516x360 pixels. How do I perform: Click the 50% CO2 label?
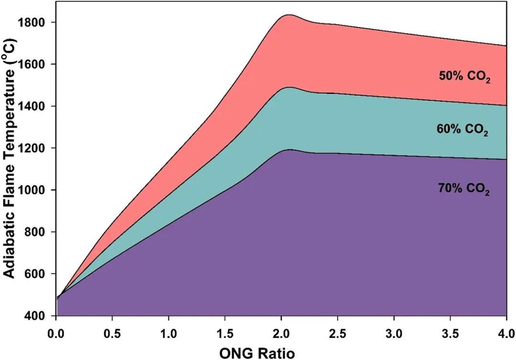click(465, 77)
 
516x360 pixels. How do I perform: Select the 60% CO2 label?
click(462, 130)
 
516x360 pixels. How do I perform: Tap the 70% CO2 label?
click(463, 189)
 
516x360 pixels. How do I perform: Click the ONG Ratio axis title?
click(257, 352)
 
